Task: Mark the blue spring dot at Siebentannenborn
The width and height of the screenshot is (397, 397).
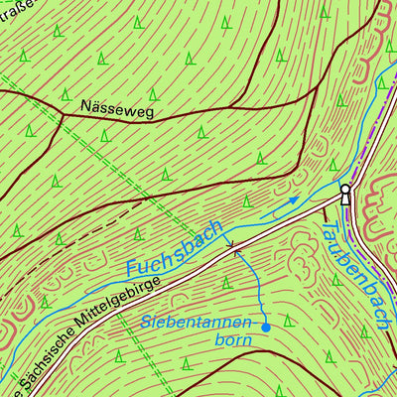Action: point(266,326)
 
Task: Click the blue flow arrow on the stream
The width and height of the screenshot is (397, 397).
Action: point(294,201)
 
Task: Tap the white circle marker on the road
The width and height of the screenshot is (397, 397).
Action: point(344,189)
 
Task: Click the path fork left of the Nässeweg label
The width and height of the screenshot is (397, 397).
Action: point(64,113)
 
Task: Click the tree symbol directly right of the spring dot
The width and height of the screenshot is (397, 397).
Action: point(289,320)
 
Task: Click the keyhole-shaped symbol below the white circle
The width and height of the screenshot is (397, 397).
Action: point(345,199)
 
